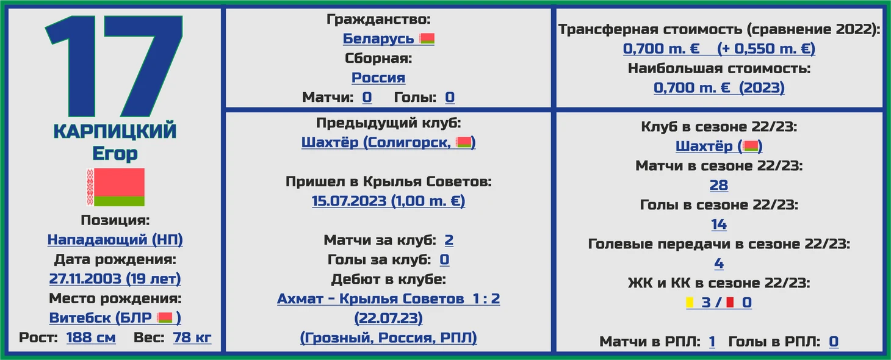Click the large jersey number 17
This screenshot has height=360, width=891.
pyautogui.click(x=114, y=66)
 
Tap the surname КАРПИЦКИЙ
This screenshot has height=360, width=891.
pyautogui.click(x=115, y=131)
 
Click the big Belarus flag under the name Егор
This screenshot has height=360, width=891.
pyautogui.click(x=115, y=187)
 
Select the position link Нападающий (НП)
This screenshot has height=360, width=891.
pyautogui.click(x=115, y=239)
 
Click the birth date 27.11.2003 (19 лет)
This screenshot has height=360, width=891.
pyautogui.click(x=115, y=278)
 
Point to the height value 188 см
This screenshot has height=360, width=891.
pyautogui.click(x=91, y=337)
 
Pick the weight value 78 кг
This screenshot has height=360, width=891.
pyautogui.click(x=192, y=337)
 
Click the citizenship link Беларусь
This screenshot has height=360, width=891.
pyautogui.click(x=378, y=38)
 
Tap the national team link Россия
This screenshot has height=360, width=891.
pyautogui.click(x=378, y=77)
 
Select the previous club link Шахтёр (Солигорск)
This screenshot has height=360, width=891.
pyautogui.click(x=388, y=142)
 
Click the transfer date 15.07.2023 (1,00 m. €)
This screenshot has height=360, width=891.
pyautogui.click(x=388, y=201)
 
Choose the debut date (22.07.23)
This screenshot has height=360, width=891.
pyautogui.click(x=388, y=318)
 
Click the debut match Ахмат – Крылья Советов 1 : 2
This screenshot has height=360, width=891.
pyautogui.click(x=388, y=298)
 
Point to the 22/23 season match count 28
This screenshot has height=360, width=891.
pyautogui.click(x=719, y=185)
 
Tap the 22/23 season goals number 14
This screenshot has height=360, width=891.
pyautogui.click(x=719, y=225)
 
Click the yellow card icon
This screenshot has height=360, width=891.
pyautogui.click(x=690, y=302)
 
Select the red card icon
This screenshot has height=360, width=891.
pyautogui.click(x=730, y=302)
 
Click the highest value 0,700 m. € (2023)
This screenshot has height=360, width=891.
pyautogui.click(x=719, y=87)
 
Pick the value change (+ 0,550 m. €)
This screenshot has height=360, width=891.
pyautogui.click(x=766, y=49)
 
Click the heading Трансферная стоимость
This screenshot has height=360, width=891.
pyautogui.click(x=651, y=29)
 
